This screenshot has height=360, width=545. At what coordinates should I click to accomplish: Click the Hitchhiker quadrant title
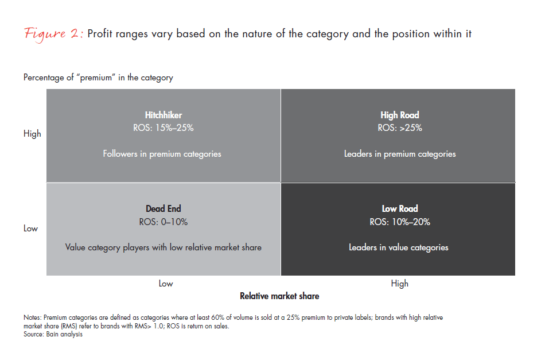tap(163, 115)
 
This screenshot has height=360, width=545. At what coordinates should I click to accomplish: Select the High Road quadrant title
tap(400, 115)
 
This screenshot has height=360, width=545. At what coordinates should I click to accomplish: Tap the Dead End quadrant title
tap(163, 209)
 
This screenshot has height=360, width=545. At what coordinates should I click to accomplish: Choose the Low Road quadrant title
tap(400, 209)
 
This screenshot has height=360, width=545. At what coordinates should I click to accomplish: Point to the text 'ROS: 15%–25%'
tap(163, 128)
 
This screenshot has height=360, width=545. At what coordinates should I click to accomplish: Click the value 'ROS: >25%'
tap(400, 128)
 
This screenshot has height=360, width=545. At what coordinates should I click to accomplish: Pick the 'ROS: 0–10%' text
tap(163, 222)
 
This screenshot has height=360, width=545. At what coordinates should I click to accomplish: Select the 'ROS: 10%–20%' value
tap(400, 222)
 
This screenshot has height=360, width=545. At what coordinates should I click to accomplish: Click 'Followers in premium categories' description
tap(162, 154)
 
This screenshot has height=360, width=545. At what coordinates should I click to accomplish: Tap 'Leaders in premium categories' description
tap(400, 154)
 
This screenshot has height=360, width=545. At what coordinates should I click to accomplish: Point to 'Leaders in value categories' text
tap(399, 247)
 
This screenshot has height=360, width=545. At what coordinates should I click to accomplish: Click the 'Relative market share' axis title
tap(279, 296)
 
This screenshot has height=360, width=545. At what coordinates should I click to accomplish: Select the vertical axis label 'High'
tap(32, 134)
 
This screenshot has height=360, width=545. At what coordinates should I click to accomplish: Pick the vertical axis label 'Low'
tap(31, 229)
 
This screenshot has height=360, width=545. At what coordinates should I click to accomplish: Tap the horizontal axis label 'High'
tap(400, 284)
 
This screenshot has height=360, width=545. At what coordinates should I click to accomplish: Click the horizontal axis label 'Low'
tap(166, 284)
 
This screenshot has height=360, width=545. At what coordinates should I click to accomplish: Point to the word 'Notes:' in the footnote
tap(33, 318)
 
